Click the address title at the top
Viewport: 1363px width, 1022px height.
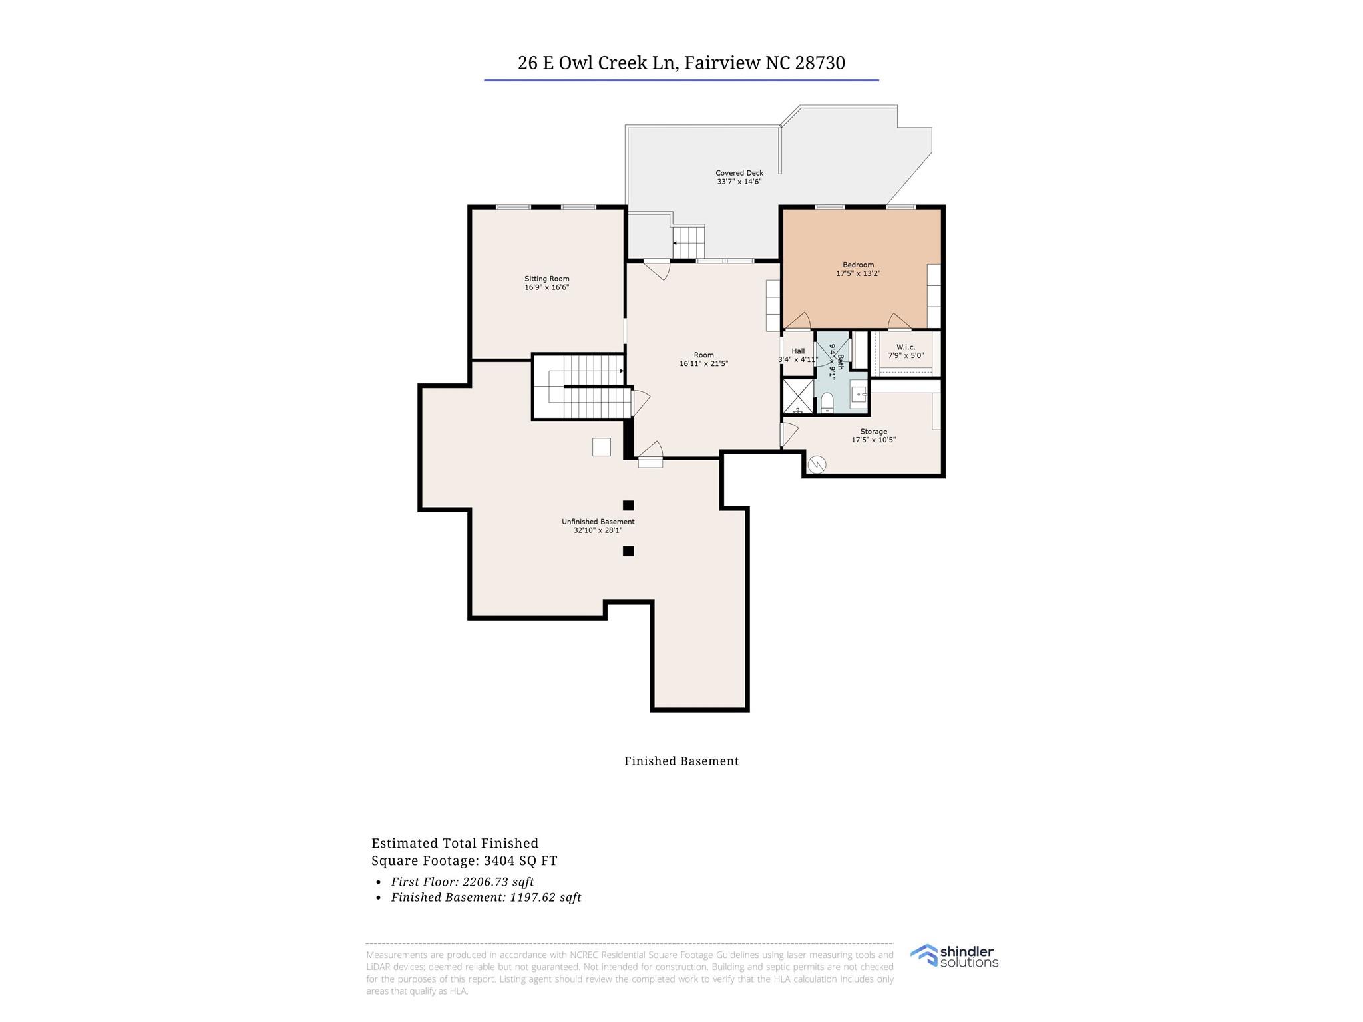[681, 63]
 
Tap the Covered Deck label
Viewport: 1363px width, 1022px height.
[739, 173]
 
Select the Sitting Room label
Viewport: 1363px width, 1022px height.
[546, 279]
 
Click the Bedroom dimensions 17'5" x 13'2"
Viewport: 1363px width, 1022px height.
[858, 273]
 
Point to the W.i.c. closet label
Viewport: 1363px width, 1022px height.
[905, 347]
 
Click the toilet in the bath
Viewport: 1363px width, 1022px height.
[827, 403]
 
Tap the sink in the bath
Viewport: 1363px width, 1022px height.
[859, 394]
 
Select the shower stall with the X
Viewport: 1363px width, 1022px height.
[797, 397]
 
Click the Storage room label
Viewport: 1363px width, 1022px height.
[873, 432]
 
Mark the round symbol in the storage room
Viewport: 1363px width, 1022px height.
[817, 464]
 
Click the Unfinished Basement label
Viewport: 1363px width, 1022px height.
[598, 522]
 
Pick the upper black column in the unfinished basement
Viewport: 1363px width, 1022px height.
[628, 505]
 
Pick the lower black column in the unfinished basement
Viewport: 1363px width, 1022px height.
[628, 551]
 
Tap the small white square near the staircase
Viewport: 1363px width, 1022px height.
[601, 447]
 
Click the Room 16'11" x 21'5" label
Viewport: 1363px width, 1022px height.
[703, 359]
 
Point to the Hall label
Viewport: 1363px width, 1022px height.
[798, 351]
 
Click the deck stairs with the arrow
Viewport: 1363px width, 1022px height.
[688, 242]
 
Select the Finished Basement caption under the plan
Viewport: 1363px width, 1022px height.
[681, 761]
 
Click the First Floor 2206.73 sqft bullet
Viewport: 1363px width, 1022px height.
[462, 882]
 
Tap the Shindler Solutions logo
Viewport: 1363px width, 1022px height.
[954, 956]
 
